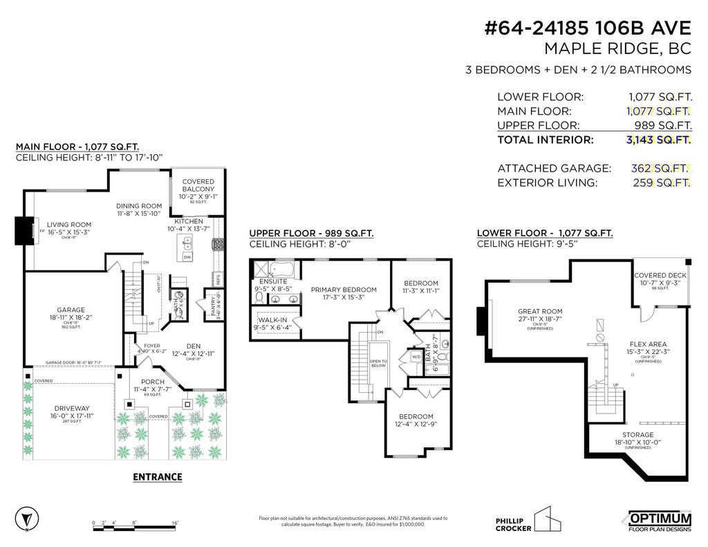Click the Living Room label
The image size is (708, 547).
(x=69, y=224)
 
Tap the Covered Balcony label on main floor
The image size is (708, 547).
(x=198, y=185)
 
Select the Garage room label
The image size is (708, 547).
(x=71, y=310)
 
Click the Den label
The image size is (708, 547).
(x=193, y=346)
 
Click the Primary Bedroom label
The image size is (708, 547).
(x=344, y=290)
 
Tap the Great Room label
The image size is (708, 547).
(x=540, y=311)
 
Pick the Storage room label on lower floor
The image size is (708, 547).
(x=637, y=435)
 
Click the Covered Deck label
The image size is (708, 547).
(x=660, y=275)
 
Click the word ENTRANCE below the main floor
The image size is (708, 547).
(x=157, y=476)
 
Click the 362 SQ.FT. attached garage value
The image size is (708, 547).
(x=660, y=168)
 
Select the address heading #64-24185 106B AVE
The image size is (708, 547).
(x=588, y=28)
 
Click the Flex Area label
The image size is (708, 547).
(x=648, y=344)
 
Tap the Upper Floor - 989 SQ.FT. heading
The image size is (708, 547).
(x=311, y=234)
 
